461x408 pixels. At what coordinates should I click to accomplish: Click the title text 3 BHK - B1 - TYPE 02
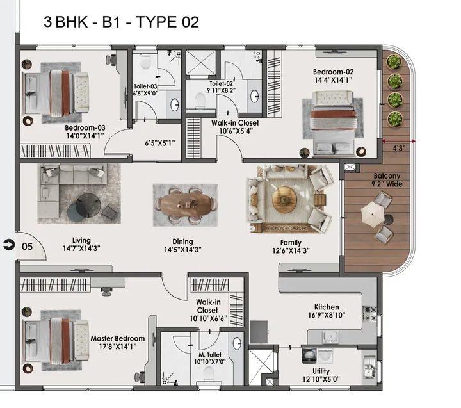click(x=121, y=22)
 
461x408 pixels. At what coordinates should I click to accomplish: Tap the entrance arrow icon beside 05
click(x=8, y=244)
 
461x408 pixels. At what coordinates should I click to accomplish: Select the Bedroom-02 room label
click(x=333, y=72)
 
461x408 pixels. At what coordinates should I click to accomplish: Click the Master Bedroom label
click(x=117, y=338)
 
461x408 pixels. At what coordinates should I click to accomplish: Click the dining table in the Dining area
click(x=185, y=205)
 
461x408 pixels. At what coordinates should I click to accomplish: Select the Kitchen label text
click(x=327, y=307)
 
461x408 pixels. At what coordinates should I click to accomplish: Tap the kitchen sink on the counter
click(x=331, y=336)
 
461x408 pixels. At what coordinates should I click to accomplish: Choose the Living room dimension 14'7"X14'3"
click(x=81, y=248)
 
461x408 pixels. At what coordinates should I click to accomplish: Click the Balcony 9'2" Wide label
click(x=387, y=181)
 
